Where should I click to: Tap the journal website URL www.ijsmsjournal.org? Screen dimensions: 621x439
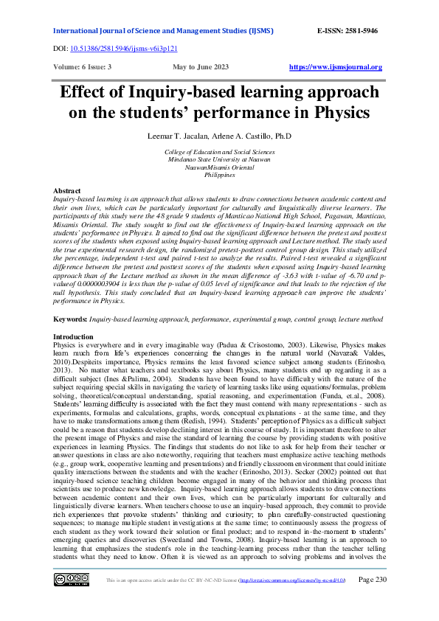[336, 67]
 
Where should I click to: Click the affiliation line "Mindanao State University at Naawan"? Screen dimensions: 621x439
[220, 159]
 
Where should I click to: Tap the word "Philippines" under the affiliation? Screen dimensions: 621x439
[220, 175]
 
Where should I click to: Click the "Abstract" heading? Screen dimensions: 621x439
[68, 191]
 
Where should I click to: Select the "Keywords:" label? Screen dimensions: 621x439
[71, 319]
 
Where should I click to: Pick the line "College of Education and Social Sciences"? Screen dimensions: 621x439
[220, 151]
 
